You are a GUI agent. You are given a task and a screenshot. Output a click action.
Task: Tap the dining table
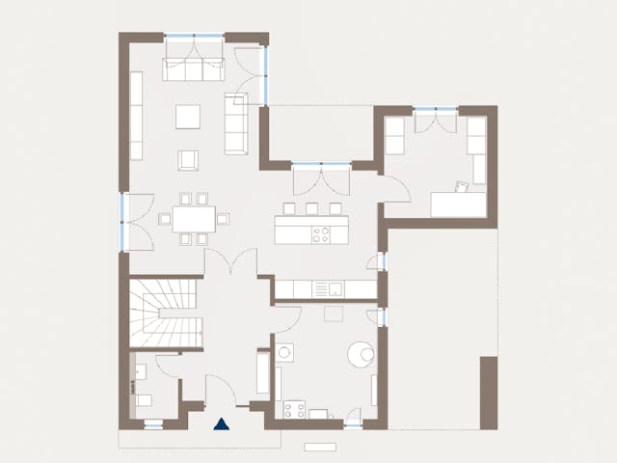point(194,219)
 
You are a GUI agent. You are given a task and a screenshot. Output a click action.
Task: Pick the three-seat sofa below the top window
point(193,68)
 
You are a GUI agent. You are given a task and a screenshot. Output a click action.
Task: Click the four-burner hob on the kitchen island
point(321,232)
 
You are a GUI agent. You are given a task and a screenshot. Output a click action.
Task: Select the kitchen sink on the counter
point(334,288)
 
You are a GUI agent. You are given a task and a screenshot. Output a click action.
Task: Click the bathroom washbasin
point(140,369)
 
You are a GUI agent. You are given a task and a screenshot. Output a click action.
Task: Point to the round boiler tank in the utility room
point(362,353)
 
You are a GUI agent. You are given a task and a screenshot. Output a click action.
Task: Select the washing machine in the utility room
point(285,353)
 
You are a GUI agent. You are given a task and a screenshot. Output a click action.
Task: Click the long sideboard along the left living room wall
point(136,116)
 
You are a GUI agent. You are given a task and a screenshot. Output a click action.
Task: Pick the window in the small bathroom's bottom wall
point(152,423)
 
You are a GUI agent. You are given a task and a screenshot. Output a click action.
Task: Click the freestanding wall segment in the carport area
point(488,391)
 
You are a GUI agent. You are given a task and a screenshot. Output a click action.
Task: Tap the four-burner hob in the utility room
point(293,410)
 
